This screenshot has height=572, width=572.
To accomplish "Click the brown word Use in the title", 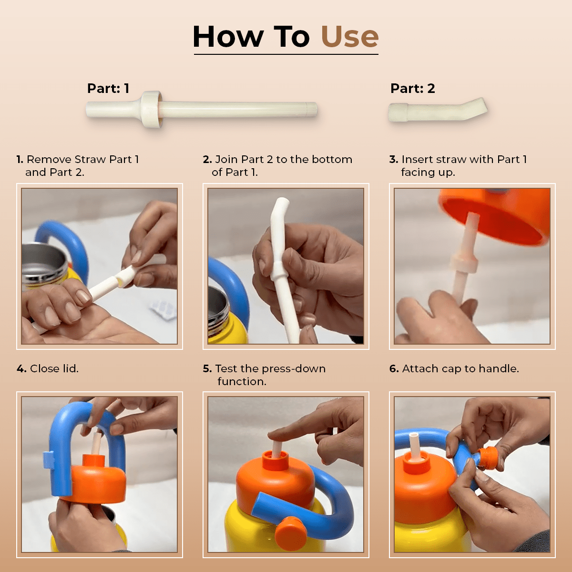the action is pyautogui.click(x=350, y=37).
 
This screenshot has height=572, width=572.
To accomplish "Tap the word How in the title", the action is pyautogui.click(x=228, y=37).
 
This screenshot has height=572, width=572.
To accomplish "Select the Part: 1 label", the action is pyautogui.click(x=108, y=88).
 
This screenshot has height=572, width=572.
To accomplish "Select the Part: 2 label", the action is pyautogui.click(x=413, y=88).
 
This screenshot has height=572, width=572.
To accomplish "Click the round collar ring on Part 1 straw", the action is pyautogui.click(x=152, y=110).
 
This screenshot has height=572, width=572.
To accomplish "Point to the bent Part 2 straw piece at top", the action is pyautogui.click(x=438, y=110).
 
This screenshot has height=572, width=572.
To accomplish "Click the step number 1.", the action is pyautogui.click(x=20, y=159).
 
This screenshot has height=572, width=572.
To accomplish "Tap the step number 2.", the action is pyautogui.click(x=207, y=159).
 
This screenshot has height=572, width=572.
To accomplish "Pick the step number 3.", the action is pyautogui.click(x=394, y=159).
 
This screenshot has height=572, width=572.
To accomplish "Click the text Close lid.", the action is pyautogui.click(x=54, y=368).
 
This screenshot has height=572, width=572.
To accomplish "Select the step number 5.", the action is pyautogui.click(x=207, y=368).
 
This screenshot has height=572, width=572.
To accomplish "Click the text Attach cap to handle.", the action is pyautogui.click(x=460, y=368).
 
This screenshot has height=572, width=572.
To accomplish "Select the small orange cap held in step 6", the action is pyautogui.click(x=487, y=458).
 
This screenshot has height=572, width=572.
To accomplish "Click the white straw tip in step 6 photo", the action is pyautogui.click(x=413, y=436).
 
